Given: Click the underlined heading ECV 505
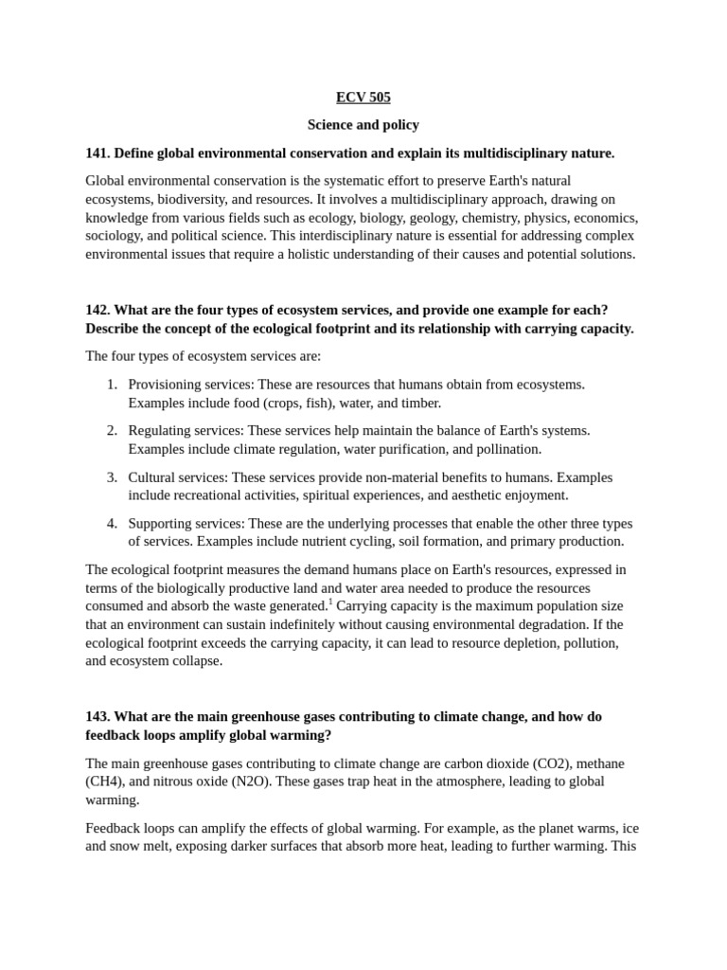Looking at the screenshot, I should [x=363, y=98].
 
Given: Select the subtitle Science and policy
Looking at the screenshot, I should [x=363, y=125].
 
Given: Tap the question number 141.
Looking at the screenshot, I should [x=98, y=153].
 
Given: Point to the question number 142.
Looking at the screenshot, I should [x=98, y=311].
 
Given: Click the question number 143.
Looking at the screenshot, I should [x=98, y=717].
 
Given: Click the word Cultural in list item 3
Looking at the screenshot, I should [x=152, y=477].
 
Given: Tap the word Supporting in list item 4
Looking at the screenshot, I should [x=162, y=524].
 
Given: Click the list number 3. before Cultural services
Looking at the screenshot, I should [x=112, y=477].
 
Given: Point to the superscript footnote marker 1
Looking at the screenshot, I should [x=330, y=602].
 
